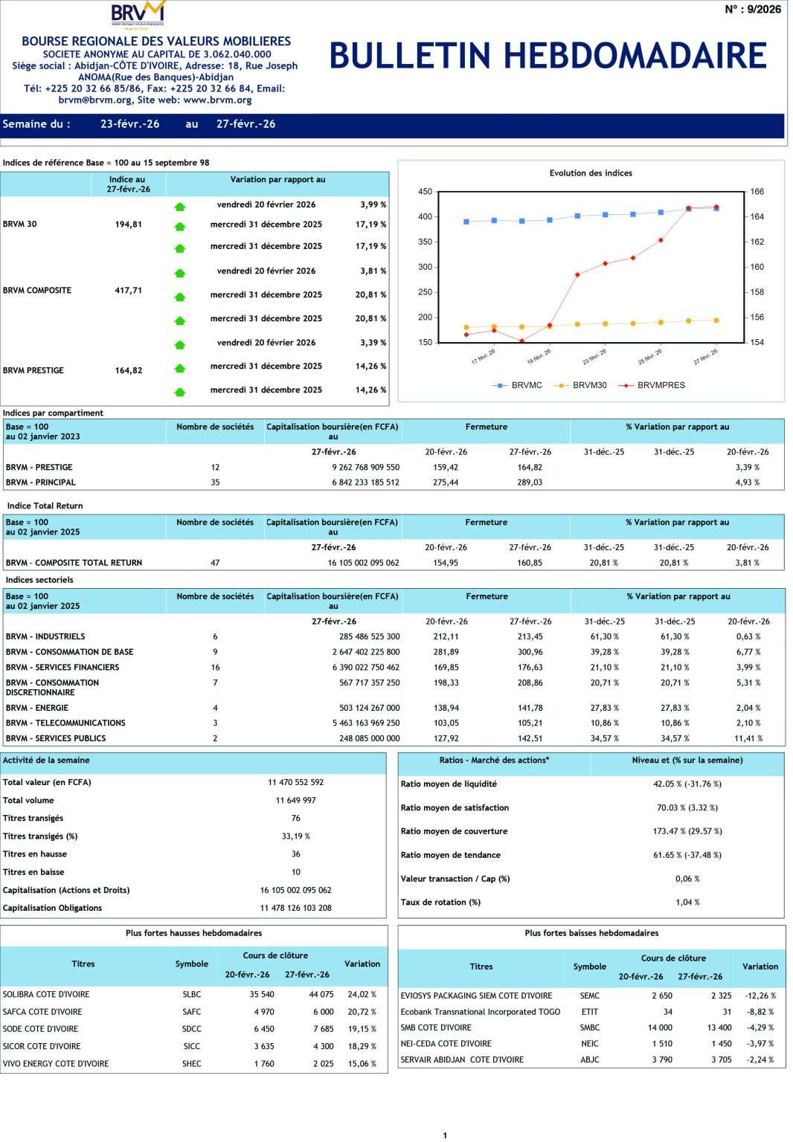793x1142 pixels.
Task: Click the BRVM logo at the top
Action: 138,14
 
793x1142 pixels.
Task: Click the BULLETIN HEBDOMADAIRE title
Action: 548,56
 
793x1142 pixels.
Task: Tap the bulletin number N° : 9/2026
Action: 753,10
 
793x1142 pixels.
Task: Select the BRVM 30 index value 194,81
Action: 128,225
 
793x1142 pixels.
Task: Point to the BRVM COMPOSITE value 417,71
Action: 128,291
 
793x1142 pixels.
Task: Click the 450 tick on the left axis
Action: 425,192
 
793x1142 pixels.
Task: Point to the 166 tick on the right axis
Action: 757,192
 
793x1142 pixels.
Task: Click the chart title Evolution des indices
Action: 591,173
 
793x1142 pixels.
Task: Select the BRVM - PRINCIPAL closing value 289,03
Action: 530,483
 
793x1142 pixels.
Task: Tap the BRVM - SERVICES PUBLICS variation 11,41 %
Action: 748,738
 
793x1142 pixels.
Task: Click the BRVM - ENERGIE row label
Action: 37,708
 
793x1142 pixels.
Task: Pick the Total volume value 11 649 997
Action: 295,801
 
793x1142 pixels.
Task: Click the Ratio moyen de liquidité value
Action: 687,784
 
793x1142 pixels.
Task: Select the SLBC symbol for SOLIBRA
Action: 192,994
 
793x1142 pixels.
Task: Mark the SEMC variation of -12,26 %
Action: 760,996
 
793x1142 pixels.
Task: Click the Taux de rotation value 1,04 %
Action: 687,903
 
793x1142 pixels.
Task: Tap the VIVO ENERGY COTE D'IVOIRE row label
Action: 56,1064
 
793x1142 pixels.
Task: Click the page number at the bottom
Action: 445,1135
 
